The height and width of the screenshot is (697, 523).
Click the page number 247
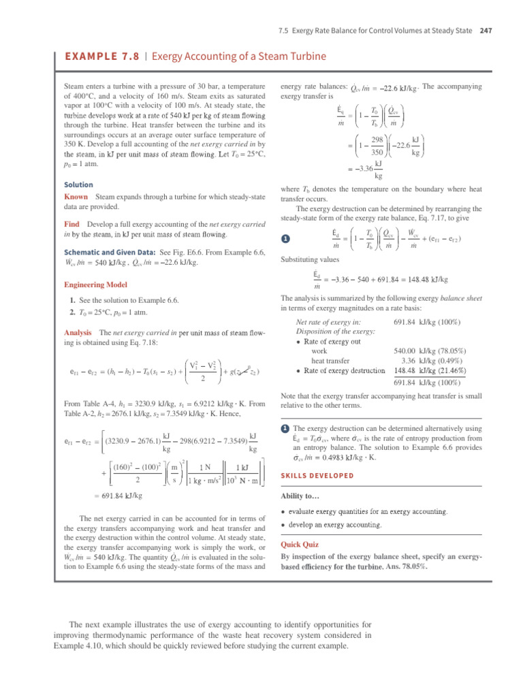pyautogui.click(x=486, y=30)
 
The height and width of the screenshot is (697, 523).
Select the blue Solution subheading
pyautogui.click(x=78, y=184)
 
